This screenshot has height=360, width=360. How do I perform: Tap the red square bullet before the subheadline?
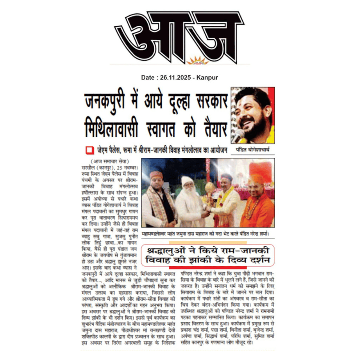point(88,150)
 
